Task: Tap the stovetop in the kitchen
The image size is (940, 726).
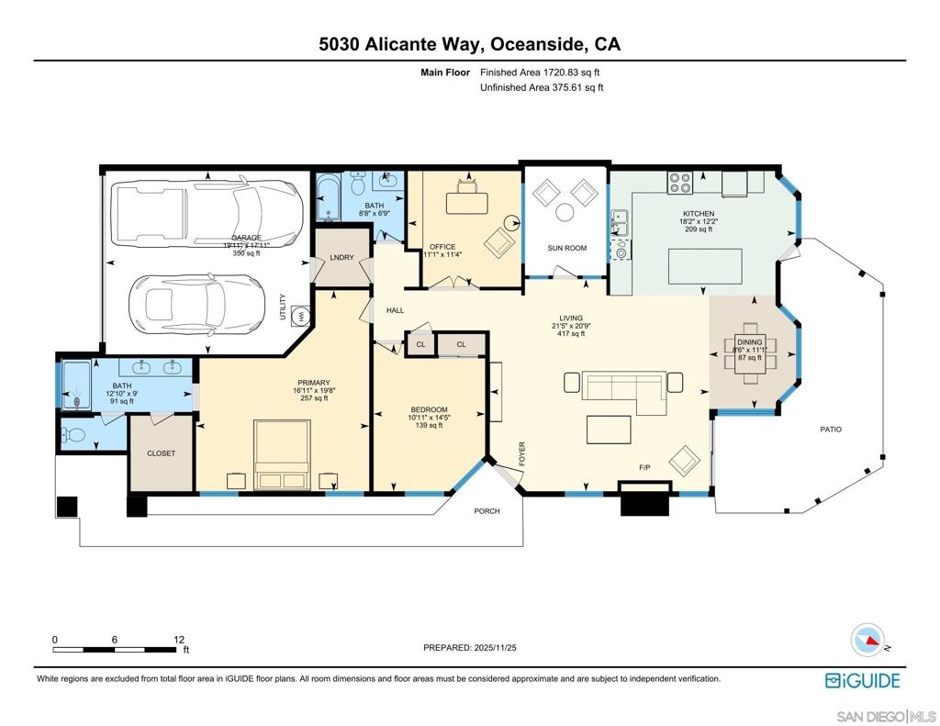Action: tap(680, 183)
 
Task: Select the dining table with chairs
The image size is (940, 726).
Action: tap(750, 353)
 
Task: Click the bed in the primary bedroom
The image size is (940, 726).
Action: tap(283, 454)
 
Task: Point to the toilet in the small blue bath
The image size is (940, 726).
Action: tap(74, 433)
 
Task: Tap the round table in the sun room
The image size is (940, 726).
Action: tap(565, 212)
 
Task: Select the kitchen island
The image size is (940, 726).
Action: tap(705, 266)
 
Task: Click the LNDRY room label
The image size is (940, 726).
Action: tap(341, 258)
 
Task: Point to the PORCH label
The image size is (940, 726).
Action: tap(487, 511)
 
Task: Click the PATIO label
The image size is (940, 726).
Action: tap(830, 430)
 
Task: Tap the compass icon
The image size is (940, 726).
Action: tap(868, 641)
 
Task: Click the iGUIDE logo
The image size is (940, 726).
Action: tap(863, 680)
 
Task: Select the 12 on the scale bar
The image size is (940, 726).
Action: tap(179, 640)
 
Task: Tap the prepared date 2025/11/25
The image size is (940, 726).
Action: tap(495, 647)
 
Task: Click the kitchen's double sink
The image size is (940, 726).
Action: tap(620, 222)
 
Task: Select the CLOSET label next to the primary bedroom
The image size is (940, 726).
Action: tap(162, 453)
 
